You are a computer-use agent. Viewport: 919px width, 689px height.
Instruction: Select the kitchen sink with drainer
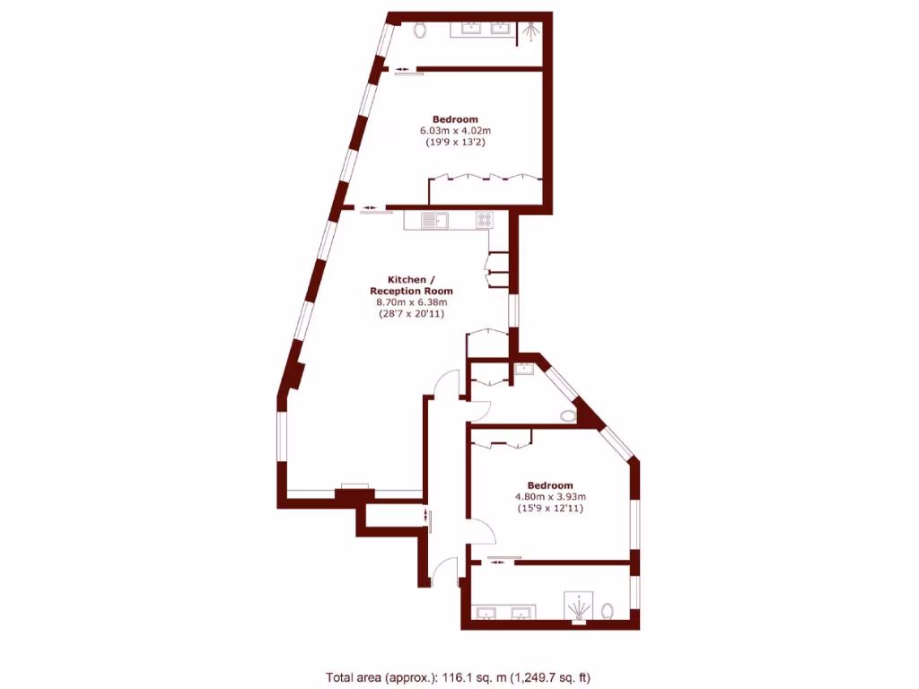(435, 220)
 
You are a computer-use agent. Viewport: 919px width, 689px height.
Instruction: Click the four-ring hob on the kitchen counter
(485, 220)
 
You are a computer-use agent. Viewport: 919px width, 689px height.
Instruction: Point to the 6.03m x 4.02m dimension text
(455, 131)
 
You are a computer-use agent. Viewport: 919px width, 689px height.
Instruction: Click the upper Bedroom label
(455, 119)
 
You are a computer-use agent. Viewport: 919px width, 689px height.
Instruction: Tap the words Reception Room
(412, 291)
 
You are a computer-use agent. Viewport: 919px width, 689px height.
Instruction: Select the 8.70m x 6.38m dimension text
(412, 302)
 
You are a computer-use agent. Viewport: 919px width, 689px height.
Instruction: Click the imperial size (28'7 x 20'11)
(412, 314)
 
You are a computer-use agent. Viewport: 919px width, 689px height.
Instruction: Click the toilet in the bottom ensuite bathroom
(608, 611)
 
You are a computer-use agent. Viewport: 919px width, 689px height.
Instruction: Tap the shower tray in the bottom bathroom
(579, 607)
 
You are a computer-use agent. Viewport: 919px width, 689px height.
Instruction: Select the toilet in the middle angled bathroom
(566, 415)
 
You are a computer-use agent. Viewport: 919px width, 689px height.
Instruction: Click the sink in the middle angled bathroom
(523, 368)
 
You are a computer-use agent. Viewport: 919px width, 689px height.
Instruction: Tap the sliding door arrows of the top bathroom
(402, 70)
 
